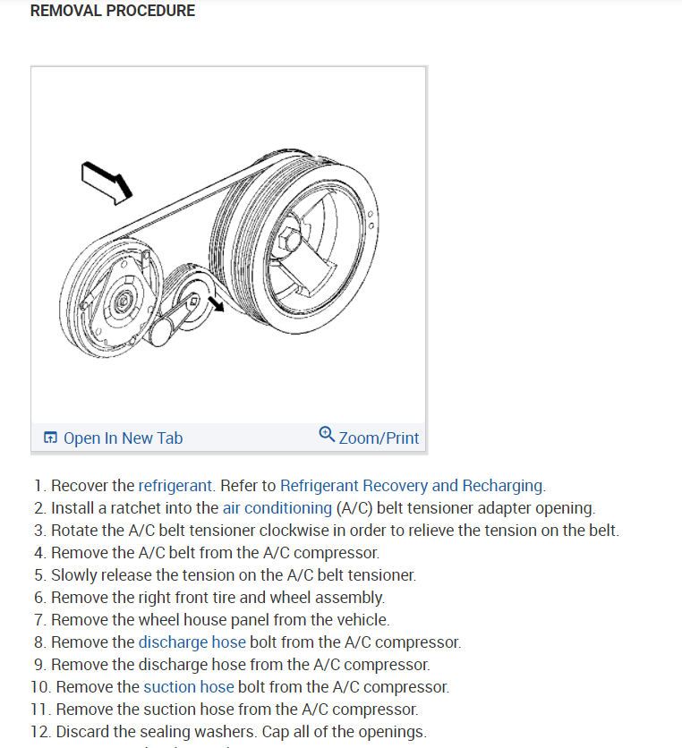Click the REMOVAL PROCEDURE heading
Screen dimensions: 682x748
point(112,12)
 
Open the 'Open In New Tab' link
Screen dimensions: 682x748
point(123,438)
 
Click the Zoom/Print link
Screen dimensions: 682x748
point(379,438)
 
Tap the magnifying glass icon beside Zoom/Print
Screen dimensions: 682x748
point(327,436)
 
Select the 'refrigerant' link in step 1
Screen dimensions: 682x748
point(175,486)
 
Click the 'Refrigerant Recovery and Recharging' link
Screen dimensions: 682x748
point(411,486)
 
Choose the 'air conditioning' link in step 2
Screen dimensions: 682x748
point(277,508)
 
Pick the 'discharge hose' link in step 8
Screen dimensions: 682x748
point(192,642)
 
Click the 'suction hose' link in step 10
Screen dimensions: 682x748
point(188,686)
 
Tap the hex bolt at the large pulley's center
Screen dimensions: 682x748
point(289,241)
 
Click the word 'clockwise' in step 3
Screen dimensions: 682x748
point(292,531)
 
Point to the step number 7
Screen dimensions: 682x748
point(39,619)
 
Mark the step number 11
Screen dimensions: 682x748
point(39,709)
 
